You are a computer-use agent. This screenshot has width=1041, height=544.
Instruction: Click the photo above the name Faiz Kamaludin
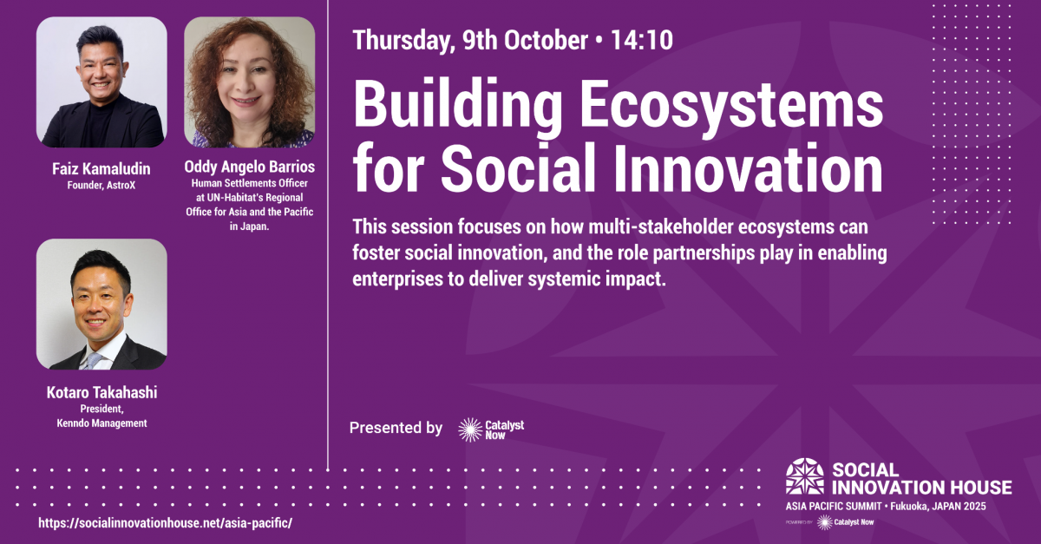[x=101, y=82]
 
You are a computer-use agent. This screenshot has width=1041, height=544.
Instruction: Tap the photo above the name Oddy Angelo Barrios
[x=250, y=82]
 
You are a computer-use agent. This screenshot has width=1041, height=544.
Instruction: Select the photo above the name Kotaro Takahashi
[x=101, y=304]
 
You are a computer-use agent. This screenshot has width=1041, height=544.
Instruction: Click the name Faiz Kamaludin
[x=101, y=169]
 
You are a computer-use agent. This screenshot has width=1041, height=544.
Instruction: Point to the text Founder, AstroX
[x=101, y=186]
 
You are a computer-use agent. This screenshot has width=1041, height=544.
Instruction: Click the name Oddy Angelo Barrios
[x=250, y=167]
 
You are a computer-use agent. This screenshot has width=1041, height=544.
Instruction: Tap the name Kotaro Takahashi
[x=101, y=392]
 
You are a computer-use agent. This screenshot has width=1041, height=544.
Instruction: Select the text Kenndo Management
[x=101, y=423]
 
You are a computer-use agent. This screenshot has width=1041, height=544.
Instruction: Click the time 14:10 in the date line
[x=642, y=40]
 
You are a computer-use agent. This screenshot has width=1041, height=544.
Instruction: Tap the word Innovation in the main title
[x=750, y=167]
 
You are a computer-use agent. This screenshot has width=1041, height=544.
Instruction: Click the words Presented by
[x=396, y=428]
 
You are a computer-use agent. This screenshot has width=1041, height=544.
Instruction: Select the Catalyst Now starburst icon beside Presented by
[x=470, y=429]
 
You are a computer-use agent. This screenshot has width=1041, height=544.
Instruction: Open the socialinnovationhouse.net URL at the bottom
[x=166, y=523]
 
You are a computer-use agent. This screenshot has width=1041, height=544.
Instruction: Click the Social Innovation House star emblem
[x=805, y=476]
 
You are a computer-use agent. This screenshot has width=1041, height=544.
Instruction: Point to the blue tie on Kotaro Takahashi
[x=94, y=361]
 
